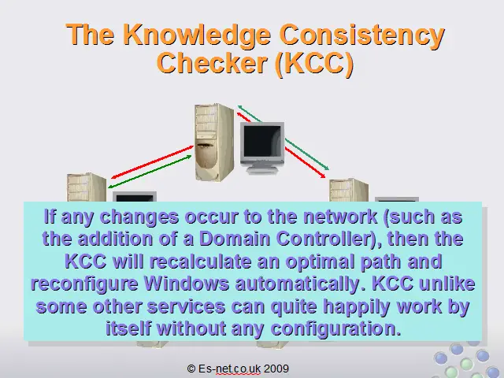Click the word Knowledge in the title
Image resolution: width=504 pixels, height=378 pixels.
tap(196, 35)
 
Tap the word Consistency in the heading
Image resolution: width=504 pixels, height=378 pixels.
tap(362, 35)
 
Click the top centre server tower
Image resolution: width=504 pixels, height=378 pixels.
tap(214, 143)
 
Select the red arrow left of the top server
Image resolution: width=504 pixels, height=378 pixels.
tap(152, 162)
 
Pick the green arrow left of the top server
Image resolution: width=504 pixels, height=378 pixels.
tap(150, 172)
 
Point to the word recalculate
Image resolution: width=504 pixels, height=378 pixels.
tap(200, 261)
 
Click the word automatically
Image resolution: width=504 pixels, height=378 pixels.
tap(298, 284)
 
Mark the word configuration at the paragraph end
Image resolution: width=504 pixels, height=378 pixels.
tap(336, 329)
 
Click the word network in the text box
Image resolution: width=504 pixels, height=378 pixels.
tap(340, 217)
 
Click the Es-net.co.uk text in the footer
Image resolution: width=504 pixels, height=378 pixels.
tap(229, 369)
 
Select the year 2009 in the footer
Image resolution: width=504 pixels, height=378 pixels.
tap(276, 369)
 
